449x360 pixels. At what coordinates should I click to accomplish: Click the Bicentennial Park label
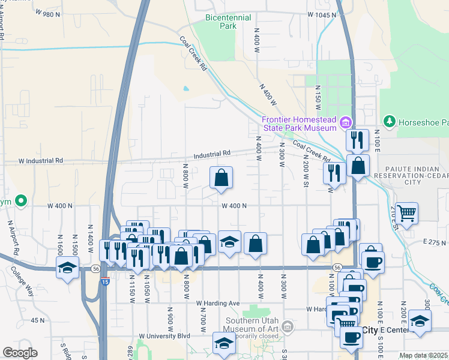(228, 22)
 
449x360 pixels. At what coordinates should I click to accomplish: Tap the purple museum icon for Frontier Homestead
(345, 124)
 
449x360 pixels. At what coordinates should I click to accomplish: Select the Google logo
(20, 353)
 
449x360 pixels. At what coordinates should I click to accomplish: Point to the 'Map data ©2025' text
(424, 355)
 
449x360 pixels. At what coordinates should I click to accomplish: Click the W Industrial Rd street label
(41, 161)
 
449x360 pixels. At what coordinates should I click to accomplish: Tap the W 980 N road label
(49, 13)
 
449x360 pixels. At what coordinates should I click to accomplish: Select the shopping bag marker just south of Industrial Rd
(221, 178)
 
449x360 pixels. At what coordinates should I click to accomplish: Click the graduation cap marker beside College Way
(68, 268)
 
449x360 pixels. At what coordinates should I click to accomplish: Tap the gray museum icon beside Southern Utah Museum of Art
(288, 326)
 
